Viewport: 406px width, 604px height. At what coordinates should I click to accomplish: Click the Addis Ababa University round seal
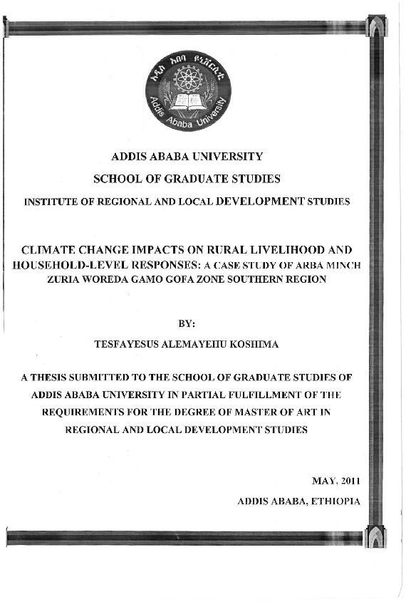[188, 90]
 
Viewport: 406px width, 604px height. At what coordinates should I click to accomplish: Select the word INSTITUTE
[53, 202]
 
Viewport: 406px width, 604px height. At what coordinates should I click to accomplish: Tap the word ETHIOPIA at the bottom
[335, 501]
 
